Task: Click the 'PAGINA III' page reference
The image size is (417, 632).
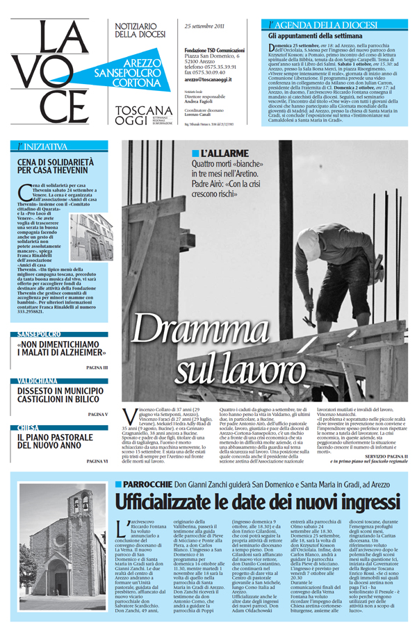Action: (x=97, y=366)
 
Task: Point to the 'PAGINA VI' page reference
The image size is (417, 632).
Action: (x=97, y=460)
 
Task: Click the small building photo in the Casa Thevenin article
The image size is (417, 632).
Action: (x=90, y=236)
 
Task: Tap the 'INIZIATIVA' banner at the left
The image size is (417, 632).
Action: (x=42, y=147)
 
